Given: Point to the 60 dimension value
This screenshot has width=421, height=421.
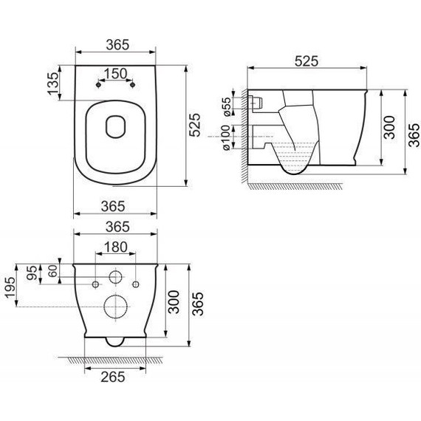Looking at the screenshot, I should pos(52,271).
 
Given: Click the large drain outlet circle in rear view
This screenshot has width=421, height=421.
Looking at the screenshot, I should pos(116,306).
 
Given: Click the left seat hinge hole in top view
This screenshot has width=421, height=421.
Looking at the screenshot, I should pos(97,85).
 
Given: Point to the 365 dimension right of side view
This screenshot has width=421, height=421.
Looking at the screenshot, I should pos(411,131).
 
